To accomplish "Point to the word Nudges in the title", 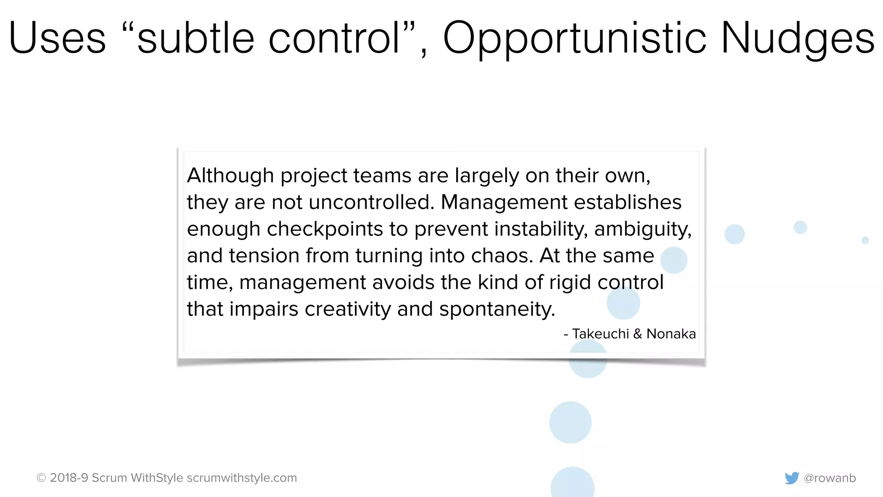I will [x=798, y=39].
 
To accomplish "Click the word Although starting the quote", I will [x=230, y=176].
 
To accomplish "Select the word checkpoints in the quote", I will [x=325, y=229].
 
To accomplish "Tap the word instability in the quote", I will [x=541, y=229].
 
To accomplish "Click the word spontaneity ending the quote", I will [x=497, y=310].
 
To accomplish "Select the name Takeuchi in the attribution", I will [x=601, y=334].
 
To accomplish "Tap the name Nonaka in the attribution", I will [x=671, y=334].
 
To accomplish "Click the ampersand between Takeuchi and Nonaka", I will [x=638, y=334].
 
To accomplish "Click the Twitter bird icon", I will [x=792, y=478].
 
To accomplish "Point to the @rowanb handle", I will [x=830, y=478].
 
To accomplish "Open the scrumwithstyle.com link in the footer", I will [x=242, y=478].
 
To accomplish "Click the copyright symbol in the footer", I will [x=41, y=478].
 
